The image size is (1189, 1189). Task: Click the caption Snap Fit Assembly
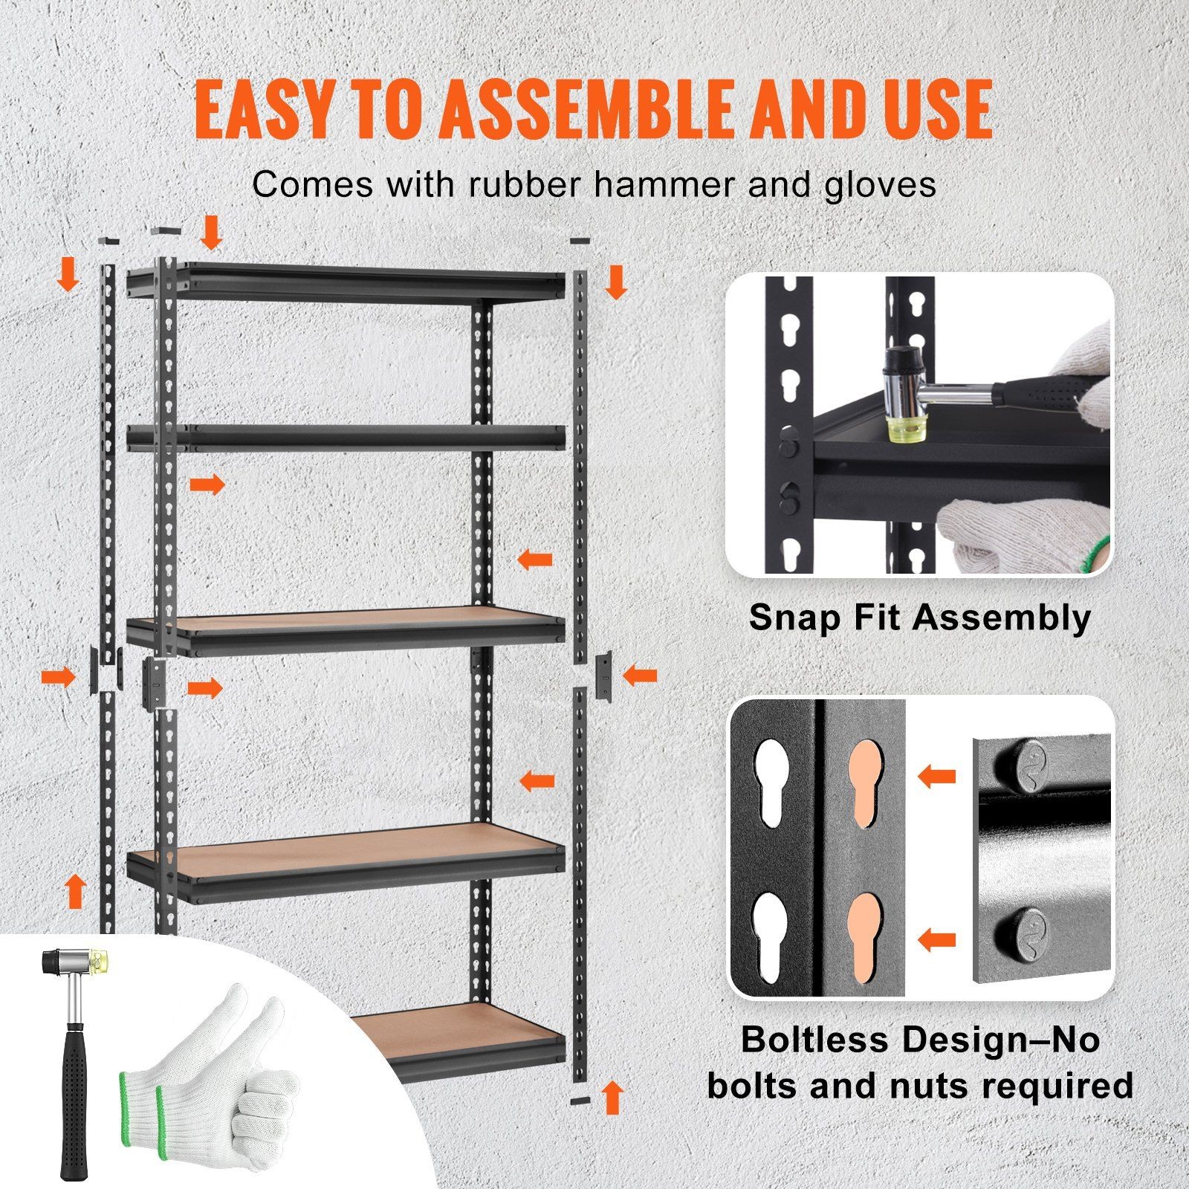tap(920, 618)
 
